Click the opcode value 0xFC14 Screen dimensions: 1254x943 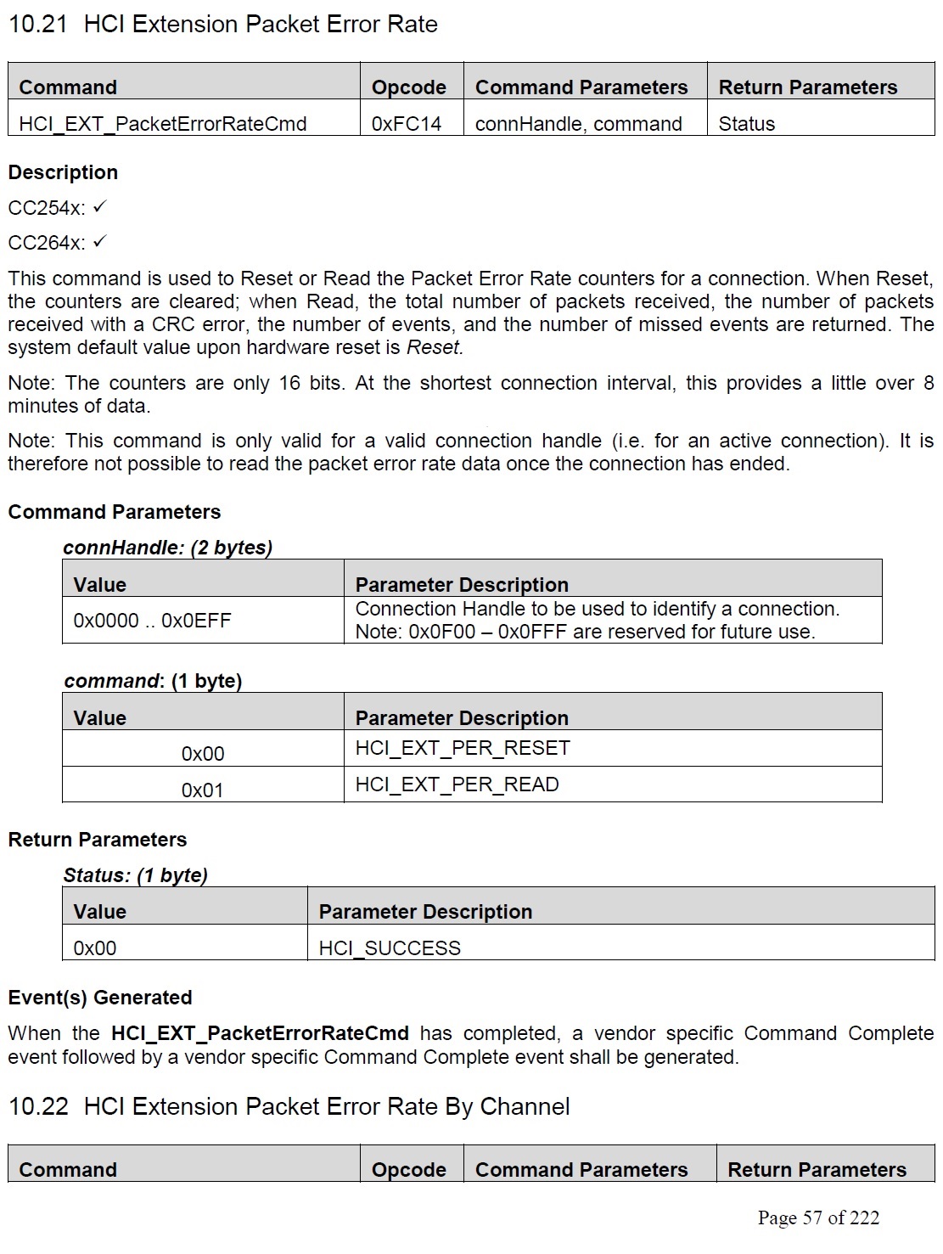pos(407,124)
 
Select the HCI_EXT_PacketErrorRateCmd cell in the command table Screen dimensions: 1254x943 pos(162,124)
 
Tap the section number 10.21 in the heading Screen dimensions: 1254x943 pos(37,24)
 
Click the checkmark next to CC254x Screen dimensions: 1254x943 pos(100,207)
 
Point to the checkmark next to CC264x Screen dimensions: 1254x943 pos(100,242)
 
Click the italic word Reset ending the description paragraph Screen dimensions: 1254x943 pos(435,347)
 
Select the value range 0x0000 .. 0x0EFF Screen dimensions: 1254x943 pos(152,621)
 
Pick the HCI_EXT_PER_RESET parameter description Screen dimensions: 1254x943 pos(463,748)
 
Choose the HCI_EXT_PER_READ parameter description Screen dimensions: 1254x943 pos(457,784)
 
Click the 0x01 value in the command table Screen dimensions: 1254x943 pos(202,790)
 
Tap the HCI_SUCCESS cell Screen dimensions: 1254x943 pos(390,948)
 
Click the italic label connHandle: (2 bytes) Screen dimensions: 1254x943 pos(167,548)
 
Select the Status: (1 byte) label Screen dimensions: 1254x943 pos(135,875)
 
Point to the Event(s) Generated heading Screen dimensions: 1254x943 pos(99,998)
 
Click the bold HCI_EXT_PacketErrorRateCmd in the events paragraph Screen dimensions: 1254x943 pos(260,1033)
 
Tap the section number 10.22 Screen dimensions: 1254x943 pos(37,1107)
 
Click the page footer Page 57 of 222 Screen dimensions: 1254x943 pos(818,1218)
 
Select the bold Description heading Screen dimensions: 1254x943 pos(63,172)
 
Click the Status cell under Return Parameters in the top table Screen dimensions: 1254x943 pos(746,124)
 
